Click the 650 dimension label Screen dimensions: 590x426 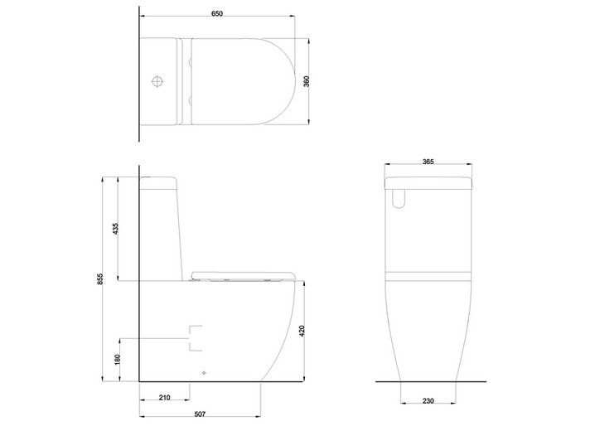click(217, 13)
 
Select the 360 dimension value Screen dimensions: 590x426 click(307, 81)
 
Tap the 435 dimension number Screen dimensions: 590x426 click(115, 229)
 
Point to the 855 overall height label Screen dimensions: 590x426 click(99, 278)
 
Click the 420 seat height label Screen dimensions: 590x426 click(302, 331)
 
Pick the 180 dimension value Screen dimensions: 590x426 click(117, 360)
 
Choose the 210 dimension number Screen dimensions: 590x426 click(164, 397)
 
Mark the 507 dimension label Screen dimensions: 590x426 click(200, 414)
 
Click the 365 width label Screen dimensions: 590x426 click(428, 162)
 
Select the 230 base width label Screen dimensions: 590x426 click(428, 401)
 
